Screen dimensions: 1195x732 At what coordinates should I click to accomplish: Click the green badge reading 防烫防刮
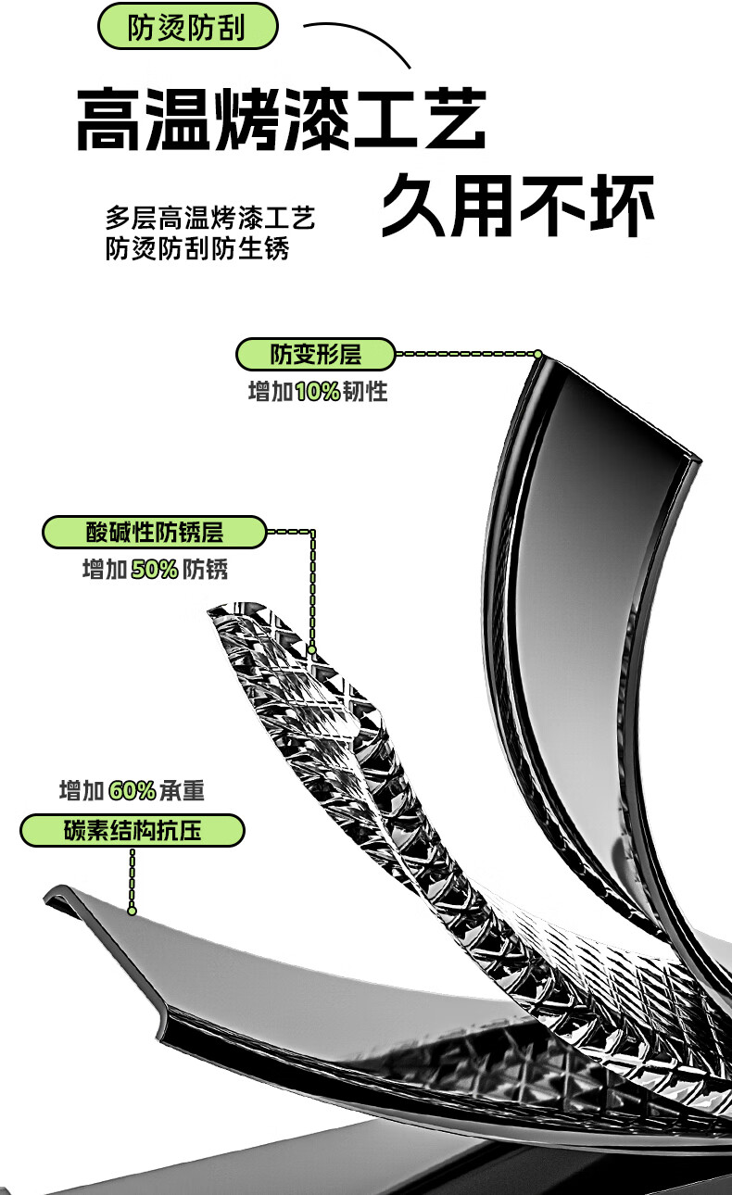(x=187, y=27)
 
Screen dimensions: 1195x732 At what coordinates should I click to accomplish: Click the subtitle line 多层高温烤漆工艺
(x=210, y=219)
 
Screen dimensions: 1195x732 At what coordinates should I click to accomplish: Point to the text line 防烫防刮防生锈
(x=197, y=249)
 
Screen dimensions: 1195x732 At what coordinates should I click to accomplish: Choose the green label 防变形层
(x=316, y=354)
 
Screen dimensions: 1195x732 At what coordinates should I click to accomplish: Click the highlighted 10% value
(x=318, y=392)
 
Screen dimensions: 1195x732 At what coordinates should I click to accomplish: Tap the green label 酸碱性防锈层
(x=155, y=533)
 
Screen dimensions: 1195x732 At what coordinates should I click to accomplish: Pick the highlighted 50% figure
(x=154, y=570)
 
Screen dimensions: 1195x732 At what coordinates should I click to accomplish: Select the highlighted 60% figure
(x=132, y=791)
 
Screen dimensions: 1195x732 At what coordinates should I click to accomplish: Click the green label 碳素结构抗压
(x=133, y=830)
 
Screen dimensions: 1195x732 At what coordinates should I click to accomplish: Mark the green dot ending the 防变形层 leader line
(x=536, y=354)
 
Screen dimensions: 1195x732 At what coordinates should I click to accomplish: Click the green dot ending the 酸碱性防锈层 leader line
(x=312, y=650)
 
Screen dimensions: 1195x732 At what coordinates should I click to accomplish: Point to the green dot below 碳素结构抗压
(x=133, y=911)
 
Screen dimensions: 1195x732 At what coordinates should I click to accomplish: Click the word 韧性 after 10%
(x=365, y=392)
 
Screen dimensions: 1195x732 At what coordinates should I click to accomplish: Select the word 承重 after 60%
(x=182, y=791)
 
